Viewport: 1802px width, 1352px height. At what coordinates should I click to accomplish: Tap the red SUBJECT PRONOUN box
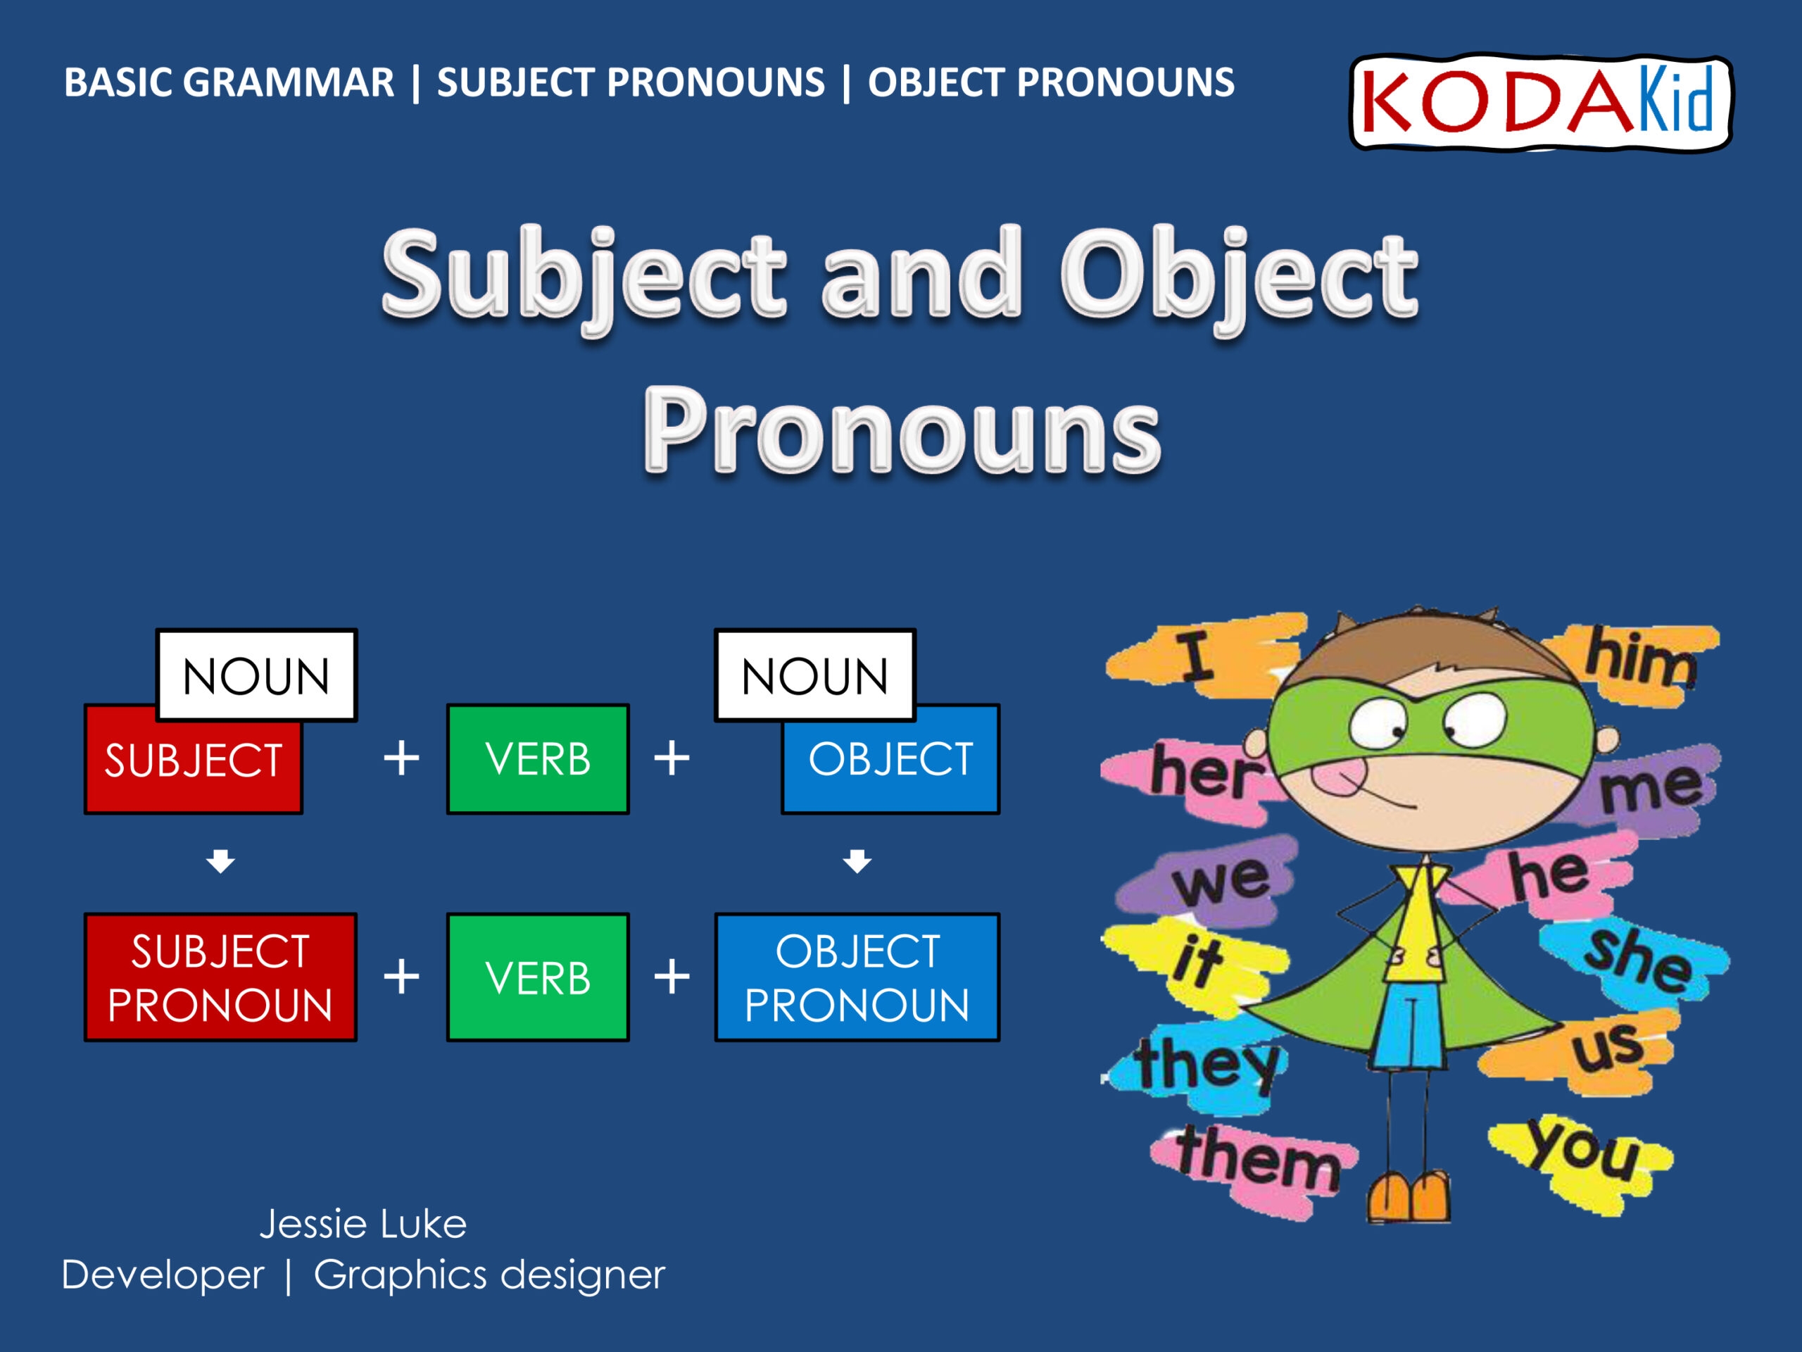220,977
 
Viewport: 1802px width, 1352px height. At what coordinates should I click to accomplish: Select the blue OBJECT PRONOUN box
857,977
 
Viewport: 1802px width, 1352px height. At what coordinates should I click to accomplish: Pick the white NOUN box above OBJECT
814,675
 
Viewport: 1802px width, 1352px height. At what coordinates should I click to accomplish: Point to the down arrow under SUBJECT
220,860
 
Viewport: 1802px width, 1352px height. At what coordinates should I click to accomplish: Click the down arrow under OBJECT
857,860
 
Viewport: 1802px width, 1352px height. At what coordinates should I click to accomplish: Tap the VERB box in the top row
538,758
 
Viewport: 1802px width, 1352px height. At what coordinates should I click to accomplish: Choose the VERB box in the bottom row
538,977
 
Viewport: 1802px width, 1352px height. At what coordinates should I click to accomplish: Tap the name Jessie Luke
363,1224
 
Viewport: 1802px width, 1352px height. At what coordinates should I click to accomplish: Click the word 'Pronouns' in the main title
902,430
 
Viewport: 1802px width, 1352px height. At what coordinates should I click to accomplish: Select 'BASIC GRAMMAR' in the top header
229,82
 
